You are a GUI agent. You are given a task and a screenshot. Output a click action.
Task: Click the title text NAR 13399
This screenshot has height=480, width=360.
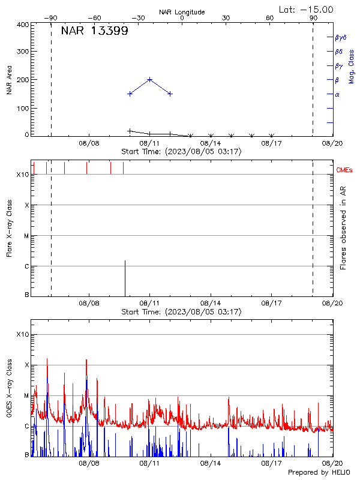[x=94, y=31]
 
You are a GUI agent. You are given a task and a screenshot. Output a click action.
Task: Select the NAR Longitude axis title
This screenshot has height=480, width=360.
[x=182, y=12]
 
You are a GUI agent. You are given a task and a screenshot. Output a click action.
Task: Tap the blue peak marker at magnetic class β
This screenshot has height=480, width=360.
[x=150, y=79]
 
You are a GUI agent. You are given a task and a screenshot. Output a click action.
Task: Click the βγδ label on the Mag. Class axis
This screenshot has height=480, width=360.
[x=340, y=37]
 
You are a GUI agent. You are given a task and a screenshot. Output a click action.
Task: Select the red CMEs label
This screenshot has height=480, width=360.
[x=344, y=170]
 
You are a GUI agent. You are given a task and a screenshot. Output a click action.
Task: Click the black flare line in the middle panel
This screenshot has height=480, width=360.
[x=125, y=278]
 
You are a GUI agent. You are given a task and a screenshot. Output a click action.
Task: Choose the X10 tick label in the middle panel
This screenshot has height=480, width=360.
[x=22, y=175]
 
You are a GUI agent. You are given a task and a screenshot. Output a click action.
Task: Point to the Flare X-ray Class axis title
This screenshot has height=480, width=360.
[x=9, y=227]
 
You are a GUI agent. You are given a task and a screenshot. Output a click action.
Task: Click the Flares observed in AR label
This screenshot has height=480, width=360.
[x=344, y=227]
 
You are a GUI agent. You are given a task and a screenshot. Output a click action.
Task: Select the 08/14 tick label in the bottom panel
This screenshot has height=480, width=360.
[x=211, y=464]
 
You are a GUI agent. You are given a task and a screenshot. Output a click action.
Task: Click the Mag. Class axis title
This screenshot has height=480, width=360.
[x=352, y=66]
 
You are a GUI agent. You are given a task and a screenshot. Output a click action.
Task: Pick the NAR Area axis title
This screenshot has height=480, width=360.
[x=9, y=80]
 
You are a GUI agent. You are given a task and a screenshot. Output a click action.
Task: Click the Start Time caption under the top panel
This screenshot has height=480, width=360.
[x=182, y=152]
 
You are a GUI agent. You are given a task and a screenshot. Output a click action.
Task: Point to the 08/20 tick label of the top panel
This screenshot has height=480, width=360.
[x=332, y=143]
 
